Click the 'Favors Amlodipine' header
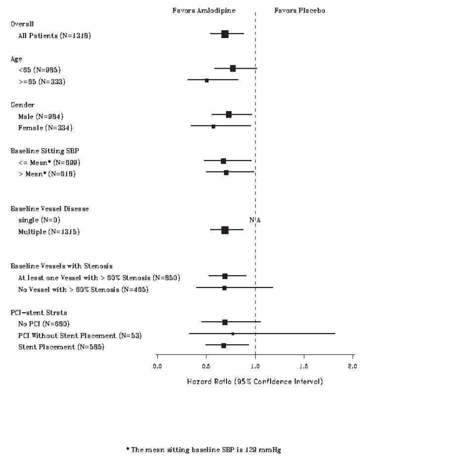203,10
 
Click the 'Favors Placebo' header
300,10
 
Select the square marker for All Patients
225,34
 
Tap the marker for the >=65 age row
207,80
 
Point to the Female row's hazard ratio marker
213,126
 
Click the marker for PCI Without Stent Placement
233,334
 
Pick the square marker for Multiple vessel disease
225,230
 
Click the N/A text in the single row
255,220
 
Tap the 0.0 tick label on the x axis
157,366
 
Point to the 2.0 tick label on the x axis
352,366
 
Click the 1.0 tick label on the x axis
255,366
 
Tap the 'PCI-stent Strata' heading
39,312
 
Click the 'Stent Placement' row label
61,347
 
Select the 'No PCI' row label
44,324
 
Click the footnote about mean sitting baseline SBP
203,450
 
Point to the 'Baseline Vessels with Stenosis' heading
61,266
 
